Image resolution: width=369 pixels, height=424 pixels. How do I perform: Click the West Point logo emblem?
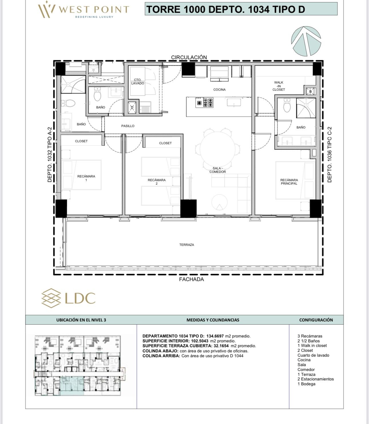tap(47, 9)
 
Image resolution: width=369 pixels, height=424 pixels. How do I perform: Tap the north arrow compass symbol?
tap(306, 41)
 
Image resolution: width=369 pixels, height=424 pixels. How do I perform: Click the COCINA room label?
tap(219, 90)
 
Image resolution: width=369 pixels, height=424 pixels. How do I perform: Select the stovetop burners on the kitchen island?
tap(204, 102)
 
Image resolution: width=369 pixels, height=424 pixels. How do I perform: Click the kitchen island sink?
tap(234, 102)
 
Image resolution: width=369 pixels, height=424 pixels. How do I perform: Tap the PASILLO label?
tap(128, 126)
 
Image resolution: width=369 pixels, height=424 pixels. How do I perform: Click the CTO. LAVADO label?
tap(138, 81)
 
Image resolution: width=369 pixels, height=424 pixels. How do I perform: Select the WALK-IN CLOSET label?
tap(279, 86)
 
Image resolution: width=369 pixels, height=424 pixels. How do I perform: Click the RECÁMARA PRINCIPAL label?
tap(289, 182)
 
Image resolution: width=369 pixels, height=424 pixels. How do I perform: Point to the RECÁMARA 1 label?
tap(86, 178)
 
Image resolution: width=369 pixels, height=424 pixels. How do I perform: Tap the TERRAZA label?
tap(187, 245)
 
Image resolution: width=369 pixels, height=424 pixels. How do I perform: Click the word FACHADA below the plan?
tap(191, 279)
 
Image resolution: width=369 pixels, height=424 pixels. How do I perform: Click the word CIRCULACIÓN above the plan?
tap(189, 57)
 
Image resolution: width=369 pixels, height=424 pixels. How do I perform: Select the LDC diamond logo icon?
tap(51, 298)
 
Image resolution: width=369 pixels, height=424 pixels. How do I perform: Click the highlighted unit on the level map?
tap(72, 386)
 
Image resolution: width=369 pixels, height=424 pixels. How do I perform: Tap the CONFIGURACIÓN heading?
tap(316, 320)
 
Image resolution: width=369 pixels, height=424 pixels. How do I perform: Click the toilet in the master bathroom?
tap(287, 105)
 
